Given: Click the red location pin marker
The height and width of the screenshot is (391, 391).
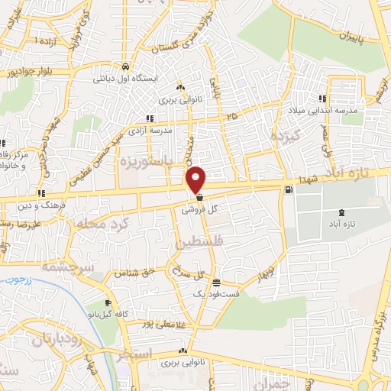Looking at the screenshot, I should (x=197, y=179).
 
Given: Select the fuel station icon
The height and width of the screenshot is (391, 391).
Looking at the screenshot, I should (x=287, y=190).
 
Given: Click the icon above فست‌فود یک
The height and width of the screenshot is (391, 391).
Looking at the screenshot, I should (x=217, y=282).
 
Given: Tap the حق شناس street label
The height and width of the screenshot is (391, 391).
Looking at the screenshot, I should (x=135, y=271).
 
